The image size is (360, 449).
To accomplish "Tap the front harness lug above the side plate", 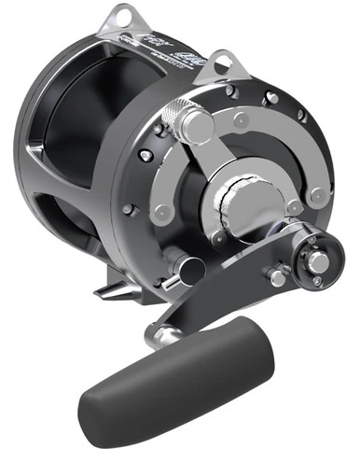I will pyautogui.click(x=220, y=63).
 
